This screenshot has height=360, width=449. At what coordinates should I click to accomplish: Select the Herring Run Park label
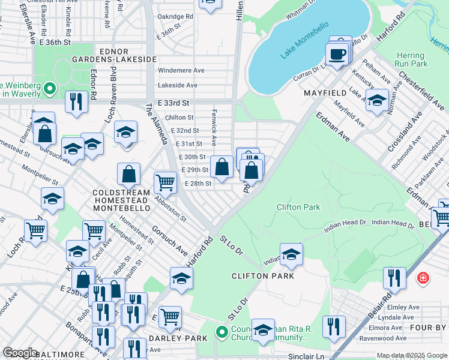411,59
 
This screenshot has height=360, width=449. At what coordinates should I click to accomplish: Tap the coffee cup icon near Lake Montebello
337,54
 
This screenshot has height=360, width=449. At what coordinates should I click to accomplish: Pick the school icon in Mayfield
378,101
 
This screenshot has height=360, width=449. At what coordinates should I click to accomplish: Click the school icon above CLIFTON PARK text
291,254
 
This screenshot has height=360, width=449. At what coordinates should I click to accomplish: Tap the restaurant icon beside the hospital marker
394,278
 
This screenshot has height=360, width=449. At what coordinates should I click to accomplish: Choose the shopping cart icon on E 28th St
165,182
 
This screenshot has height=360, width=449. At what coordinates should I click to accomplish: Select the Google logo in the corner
20,353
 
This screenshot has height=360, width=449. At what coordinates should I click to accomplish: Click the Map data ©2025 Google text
411,356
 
